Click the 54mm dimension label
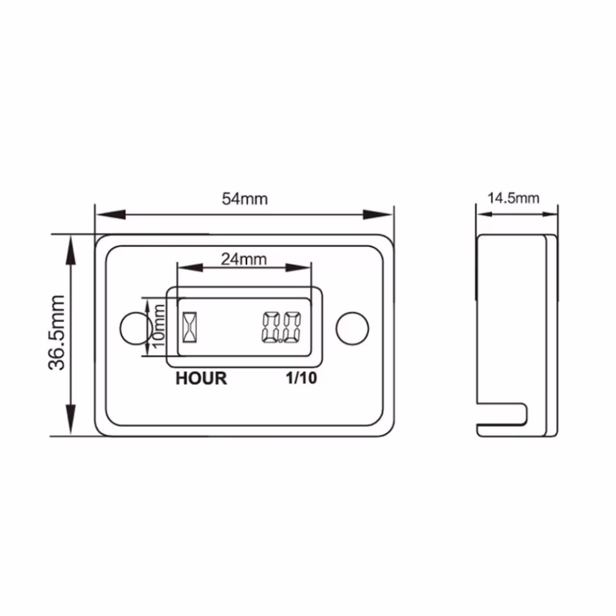click(245, 199)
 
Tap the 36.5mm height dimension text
click(58, 333)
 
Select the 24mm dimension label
click(244, 259)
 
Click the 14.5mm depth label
click(513, 198)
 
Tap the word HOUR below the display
click(201, 378)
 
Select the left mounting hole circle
click(134, 328)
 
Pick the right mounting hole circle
click(352, 328)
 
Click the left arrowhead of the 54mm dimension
click(106, 214)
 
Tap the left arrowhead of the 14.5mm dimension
click(484, 214)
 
